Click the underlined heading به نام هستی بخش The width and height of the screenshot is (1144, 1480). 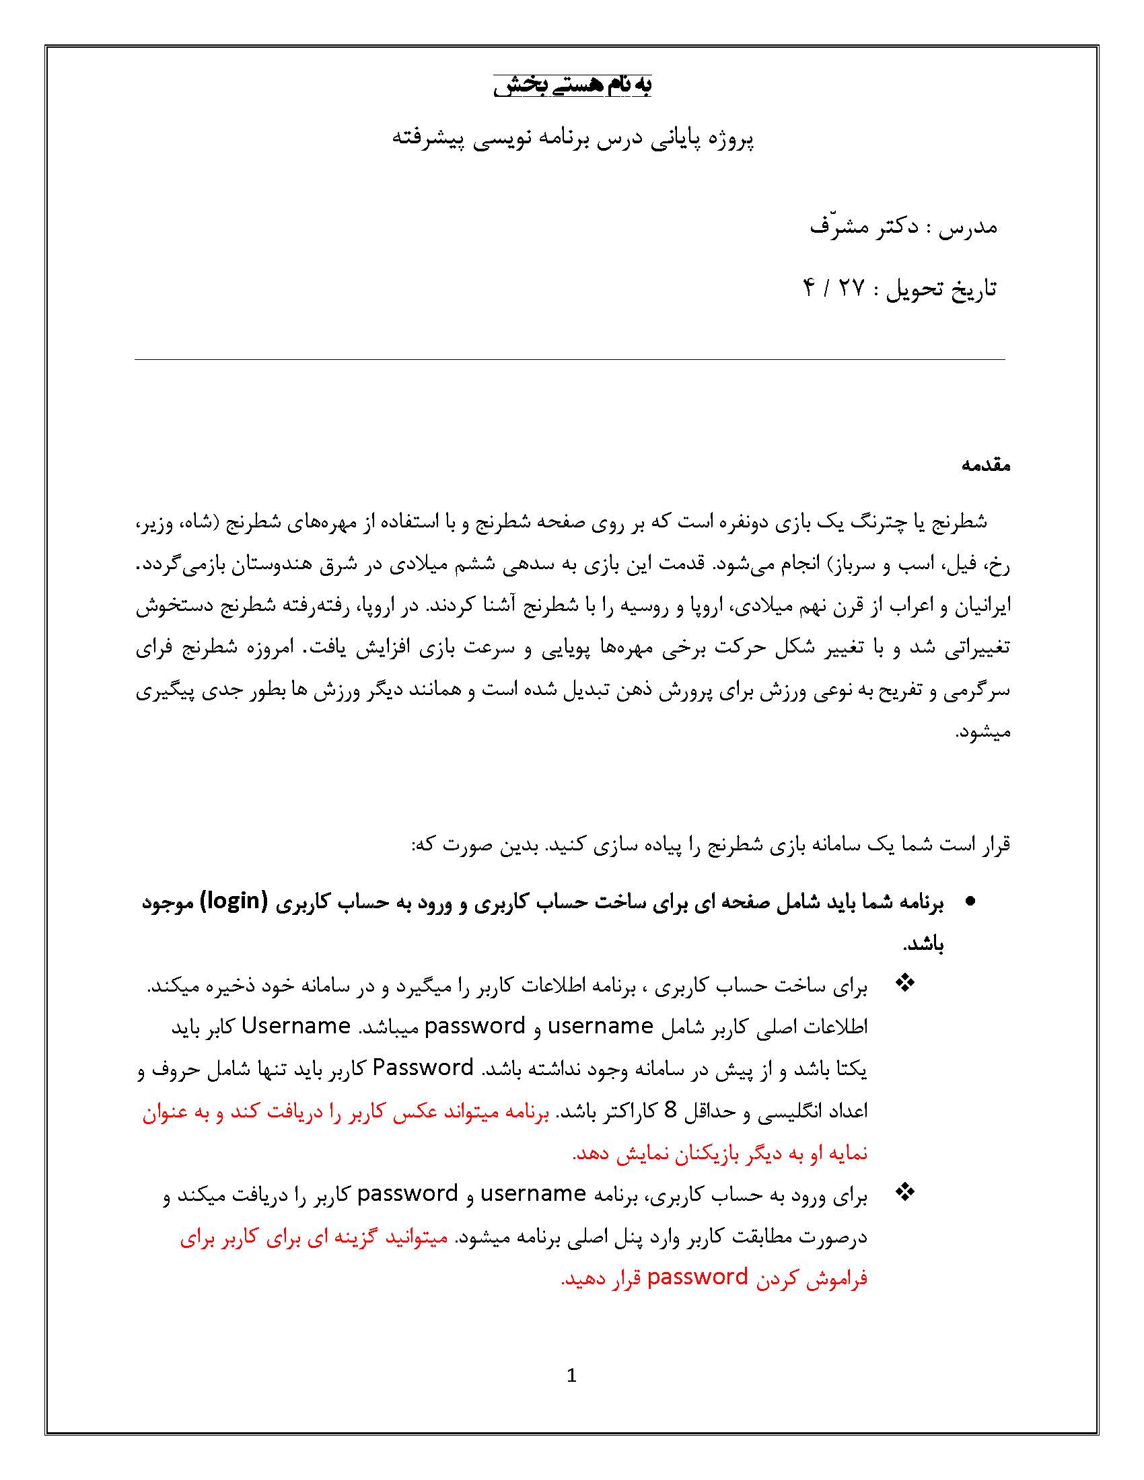tap(572, 85)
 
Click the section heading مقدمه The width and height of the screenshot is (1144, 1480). tap(985, 465)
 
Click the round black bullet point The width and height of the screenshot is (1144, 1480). tap(970, 902)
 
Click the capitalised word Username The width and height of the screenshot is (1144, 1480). tap(295, 1026)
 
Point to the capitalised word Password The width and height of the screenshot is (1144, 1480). tap(423, 1068)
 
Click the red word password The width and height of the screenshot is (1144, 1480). tap(697, 1278)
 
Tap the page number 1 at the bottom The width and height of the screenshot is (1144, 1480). tap(571, 1376)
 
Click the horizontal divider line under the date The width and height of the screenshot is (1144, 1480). tap(569, 360)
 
